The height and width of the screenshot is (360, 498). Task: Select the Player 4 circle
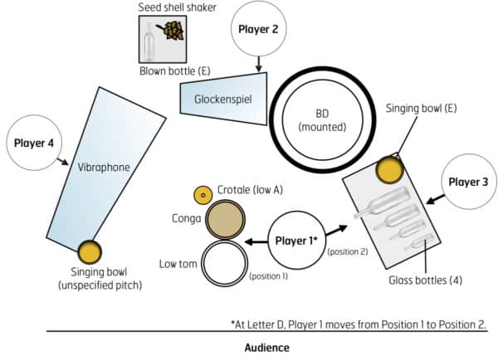click(x=34, y=143)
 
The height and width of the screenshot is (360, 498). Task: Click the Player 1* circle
click(x=295, y=241)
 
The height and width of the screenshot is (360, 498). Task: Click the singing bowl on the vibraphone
click(x=89, y=250)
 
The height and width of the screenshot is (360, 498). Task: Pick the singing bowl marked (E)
click(x=388, y=169)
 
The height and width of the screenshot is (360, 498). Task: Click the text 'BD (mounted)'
click(x=319, y=119)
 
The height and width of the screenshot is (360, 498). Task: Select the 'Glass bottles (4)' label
click(x=424, y=280)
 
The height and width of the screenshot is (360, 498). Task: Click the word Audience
click(x=266, y=347)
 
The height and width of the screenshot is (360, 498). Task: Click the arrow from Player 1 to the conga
click(x=256, y=241)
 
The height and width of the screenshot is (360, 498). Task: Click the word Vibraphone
click(x=103, y=167)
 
